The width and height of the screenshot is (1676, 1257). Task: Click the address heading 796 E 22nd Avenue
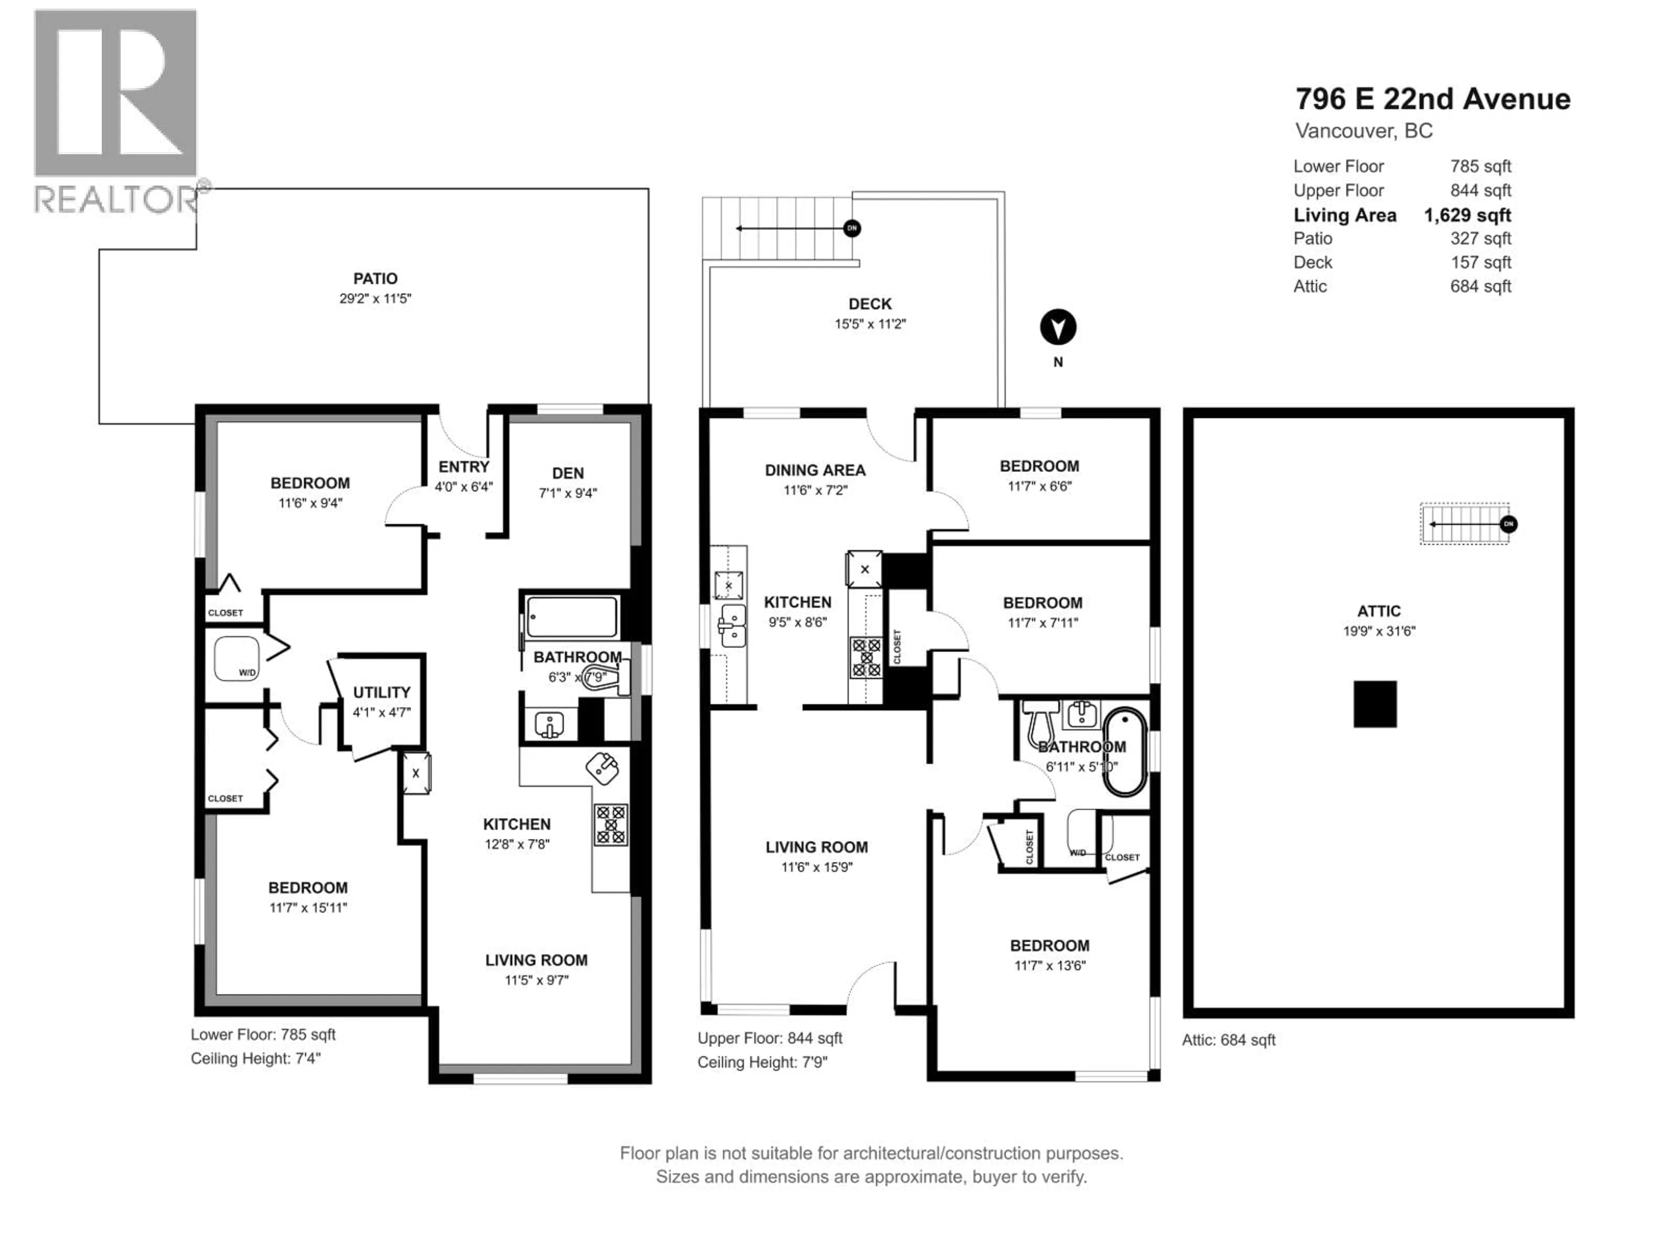(1432, 99)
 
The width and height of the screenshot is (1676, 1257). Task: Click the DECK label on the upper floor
(870, 304)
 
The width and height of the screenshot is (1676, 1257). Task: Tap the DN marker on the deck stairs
(852, 228)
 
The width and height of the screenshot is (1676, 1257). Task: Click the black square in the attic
(1374, 704)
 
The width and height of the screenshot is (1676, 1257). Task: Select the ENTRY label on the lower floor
(464, 467)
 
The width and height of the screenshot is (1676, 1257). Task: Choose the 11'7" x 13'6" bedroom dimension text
(1049, 965)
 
